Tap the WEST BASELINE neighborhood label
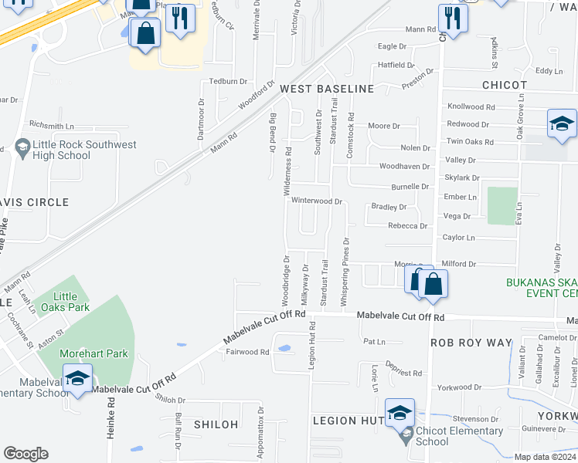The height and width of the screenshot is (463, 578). [x=326, y=89]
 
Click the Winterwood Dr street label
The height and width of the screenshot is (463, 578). [x=317, y=201]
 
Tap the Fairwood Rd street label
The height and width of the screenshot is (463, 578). [x=247, y=352]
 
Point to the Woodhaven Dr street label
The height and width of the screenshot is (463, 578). [x=403, y=167]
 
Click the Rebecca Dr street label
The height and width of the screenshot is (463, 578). [x=407, y=226]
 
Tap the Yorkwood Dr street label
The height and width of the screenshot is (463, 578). [x=458, y=387]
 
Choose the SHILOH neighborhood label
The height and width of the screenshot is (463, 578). [x=216, y=424]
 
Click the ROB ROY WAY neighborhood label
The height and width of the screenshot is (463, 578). [x=471, y=343]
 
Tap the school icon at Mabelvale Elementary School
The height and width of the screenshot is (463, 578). [x=76, y=379]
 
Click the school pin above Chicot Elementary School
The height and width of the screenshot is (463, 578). [x=399, y=413]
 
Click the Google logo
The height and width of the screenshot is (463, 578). [x=25, y=454]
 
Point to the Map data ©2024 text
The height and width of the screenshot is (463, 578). [x=545, y=457]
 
